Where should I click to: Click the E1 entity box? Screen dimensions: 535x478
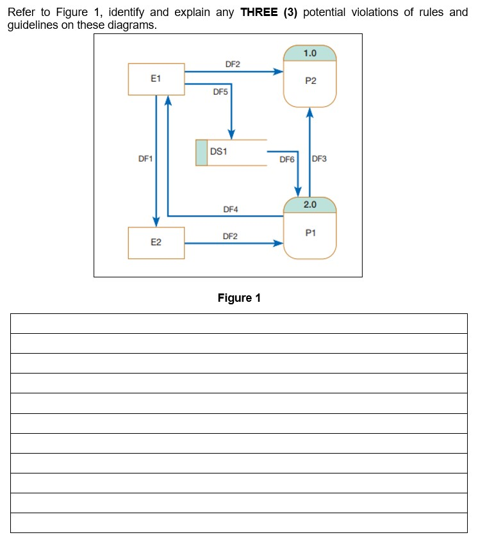click(156, 79)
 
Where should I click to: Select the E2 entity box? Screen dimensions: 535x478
click(156, 243)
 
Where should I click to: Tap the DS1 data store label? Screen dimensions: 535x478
click(219, 152)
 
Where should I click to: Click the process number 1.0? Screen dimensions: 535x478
click(310, 53)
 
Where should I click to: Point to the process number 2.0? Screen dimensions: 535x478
click(310, 204)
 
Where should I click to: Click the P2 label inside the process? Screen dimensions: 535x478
click(311, 81)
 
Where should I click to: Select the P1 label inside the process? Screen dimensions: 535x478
click(311, 233)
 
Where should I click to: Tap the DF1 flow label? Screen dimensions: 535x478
click(145, 158)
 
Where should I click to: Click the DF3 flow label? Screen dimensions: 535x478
click(319, 158)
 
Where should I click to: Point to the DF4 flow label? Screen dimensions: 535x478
click(230, 209)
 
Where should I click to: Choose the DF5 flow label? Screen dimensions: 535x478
click(220, 92)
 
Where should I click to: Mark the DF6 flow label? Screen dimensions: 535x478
click(286, 159)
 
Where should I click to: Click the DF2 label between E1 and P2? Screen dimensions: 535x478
click(233, 64)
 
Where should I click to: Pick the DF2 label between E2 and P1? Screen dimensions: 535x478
click(230, 236)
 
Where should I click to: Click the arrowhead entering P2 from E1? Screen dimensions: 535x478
click(278, 72)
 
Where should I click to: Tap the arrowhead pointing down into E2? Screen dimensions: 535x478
click(156, 222)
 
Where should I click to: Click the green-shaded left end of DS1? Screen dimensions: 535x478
click(201, 152)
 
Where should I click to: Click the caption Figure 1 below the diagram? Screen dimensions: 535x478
click(239, 298)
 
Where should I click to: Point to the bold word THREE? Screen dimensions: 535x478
click(260, 13)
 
